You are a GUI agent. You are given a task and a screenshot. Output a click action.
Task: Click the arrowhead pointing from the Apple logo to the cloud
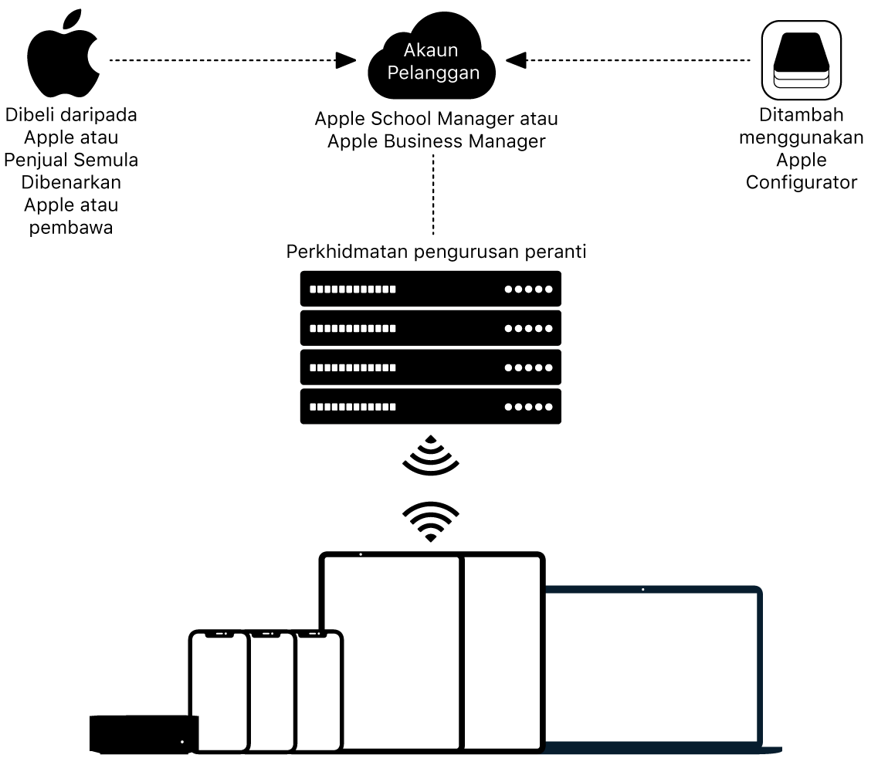(345, 59)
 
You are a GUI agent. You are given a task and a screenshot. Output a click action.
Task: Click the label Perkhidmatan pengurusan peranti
(436, 252)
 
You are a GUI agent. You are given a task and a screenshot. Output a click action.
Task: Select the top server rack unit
(431, 289)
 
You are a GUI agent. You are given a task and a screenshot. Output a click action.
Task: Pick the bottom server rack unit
(431, 407)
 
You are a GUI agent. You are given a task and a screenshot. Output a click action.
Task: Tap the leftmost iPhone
(219, 691)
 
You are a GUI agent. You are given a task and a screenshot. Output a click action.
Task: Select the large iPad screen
(392, 648)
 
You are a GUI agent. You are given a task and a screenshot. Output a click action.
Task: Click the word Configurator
(801, 182)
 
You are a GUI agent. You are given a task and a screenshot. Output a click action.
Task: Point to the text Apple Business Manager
(436, 141)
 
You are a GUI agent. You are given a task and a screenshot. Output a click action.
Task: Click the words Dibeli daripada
(71, 116)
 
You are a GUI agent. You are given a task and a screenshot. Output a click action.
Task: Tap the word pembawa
(71, 227)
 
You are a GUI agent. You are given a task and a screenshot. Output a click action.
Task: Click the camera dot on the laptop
(643, 589)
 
